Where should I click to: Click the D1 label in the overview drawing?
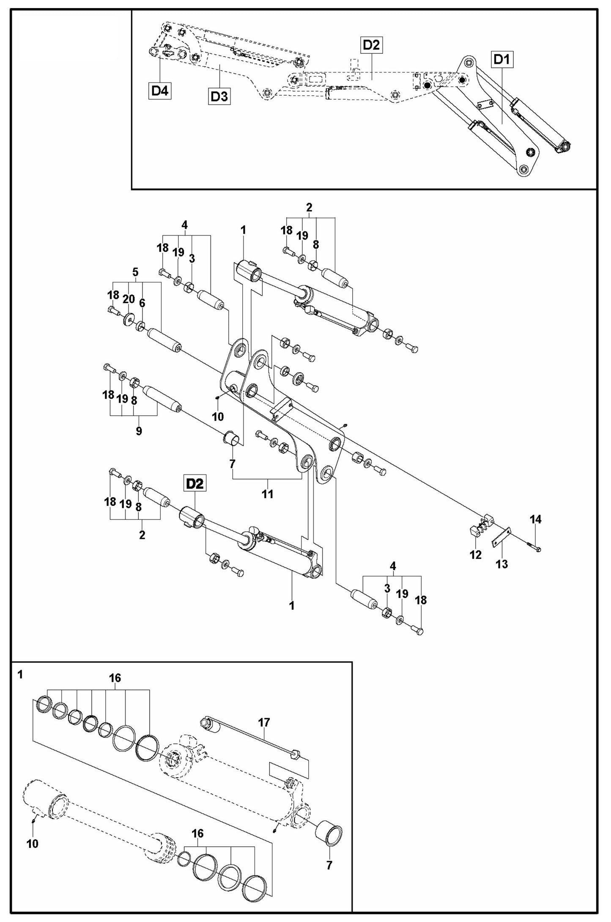click(502, 60)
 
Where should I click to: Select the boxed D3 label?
click(219, 97)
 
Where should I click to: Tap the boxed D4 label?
click(160, 91)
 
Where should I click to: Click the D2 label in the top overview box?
click(371, 45)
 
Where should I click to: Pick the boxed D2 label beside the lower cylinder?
click(195, 483)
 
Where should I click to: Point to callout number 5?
click(135, 272)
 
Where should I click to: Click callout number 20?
click(129, 299)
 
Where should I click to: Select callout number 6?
click(142, 303)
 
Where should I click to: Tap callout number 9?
click(139, 431)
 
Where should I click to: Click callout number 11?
click(267, 494)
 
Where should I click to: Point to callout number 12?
click(476, 555)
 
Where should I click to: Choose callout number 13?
click(501, 564)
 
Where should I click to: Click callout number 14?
click(536, 519)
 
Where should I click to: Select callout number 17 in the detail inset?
click(264, 722)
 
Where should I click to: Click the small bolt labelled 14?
click(534, 548)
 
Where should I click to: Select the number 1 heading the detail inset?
click(20, 675)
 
